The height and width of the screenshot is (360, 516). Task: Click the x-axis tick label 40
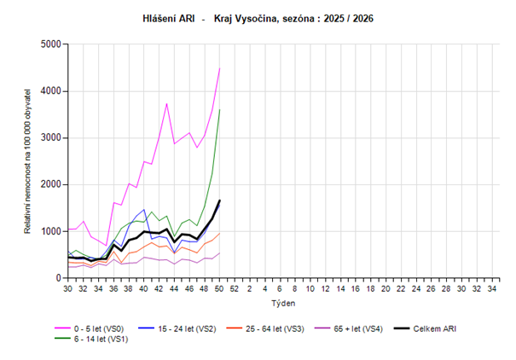pyautogui.click(x=144, y=289)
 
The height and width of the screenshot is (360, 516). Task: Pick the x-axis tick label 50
pyautogui.click(x=220, y=289)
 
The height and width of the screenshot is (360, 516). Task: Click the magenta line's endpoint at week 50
pyautogui.click(x=220, y=68)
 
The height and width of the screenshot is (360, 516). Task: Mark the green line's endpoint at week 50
pyautogui.click(x=220, y=109)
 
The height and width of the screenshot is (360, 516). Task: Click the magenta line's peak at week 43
pyautogui.click(x=167, y=103)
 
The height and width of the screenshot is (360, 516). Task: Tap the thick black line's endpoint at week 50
pyautogui.click(x=220, y=200)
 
